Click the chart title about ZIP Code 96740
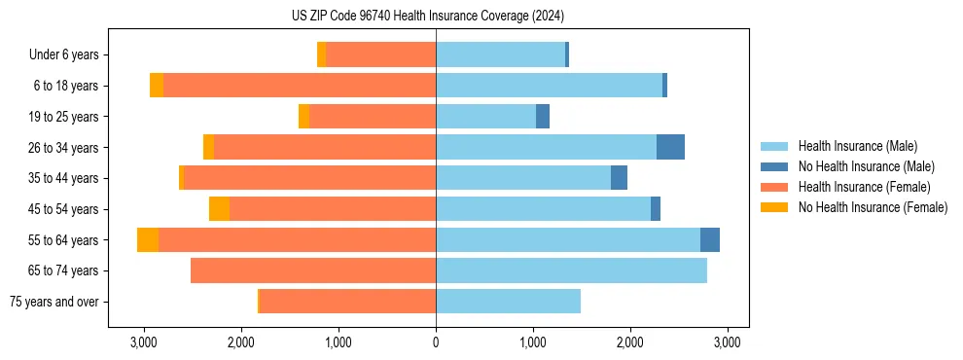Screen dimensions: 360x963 click(428, 17)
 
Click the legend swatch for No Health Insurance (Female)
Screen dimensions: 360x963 click(775, 207)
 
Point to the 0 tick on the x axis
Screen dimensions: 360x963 click(436, 342)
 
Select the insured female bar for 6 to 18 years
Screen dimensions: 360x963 click(300, 86)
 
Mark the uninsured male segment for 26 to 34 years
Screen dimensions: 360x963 click(670, 147)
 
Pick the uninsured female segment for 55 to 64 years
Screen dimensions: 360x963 click(148, 240)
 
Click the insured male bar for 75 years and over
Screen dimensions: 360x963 click(508, 302)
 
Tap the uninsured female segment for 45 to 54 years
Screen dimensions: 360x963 click(219, 209)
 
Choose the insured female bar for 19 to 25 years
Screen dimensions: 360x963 click(373, 117)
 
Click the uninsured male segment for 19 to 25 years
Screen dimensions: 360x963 click(543, 117)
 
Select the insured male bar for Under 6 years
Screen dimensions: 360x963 click(500, 55)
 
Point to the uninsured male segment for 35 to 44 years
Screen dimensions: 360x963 click(619, 178)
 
